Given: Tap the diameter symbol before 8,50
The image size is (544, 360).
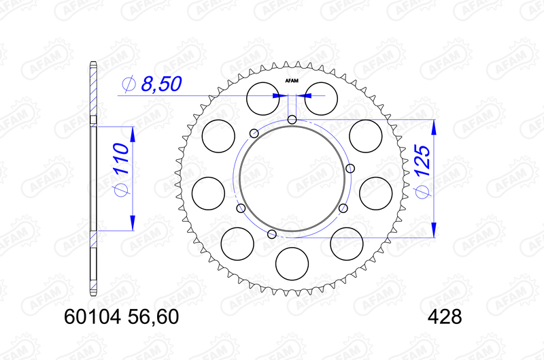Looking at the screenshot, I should tap(129, 84).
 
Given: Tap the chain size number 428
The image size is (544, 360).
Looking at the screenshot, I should tap(445, 317).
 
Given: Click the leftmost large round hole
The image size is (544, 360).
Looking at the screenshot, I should tap(209, 193).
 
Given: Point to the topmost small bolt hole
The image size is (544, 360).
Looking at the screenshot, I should tap(292, 120).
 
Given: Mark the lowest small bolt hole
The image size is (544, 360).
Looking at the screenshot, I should tap(272, 235).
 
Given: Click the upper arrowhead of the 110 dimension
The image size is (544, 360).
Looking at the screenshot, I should tap(131, 133).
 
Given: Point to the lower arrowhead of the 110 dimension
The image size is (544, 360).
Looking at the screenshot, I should tap(131, 224).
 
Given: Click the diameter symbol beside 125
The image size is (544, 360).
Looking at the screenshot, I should tap(422, 193).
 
